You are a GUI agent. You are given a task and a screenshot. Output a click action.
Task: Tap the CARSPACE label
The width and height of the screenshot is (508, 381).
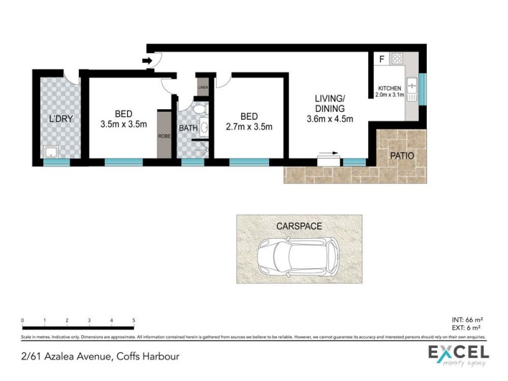coord(299,225)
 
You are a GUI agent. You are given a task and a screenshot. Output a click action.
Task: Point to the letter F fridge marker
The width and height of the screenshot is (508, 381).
coord(381,60)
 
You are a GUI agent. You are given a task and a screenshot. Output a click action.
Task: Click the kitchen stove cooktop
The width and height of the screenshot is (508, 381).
coord(398,59)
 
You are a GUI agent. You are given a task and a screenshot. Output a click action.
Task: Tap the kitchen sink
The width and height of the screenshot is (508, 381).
coord(411,84)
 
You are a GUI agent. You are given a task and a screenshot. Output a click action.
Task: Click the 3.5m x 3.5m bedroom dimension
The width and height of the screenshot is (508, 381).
coord(123,124)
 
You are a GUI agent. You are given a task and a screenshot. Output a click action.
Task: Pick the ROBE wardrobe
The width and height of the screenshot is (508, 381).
coord(164,135)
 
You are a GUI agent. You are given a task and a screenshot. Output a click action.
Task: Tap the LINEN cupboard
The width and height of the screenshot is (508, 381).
coord(203,87)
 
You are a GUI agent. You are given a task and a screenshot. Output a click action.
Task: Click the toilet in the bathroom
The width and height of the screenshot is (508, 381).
coord(201,110)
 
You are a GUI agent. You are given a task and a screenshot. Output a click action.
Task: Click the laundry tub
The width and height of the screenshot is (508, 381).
coord(49,152)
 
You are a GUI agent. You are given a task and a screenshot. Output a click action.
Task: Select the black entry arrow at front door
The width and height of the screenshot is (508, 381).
coord(146,61)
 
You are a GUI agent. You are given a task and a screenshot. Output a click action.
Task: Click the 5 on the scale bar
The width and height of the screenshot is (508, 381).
coord(133,321)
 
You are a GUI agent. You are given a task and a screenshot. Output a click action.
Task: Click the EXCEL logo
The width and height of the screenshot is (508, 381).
coord(457,354)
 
